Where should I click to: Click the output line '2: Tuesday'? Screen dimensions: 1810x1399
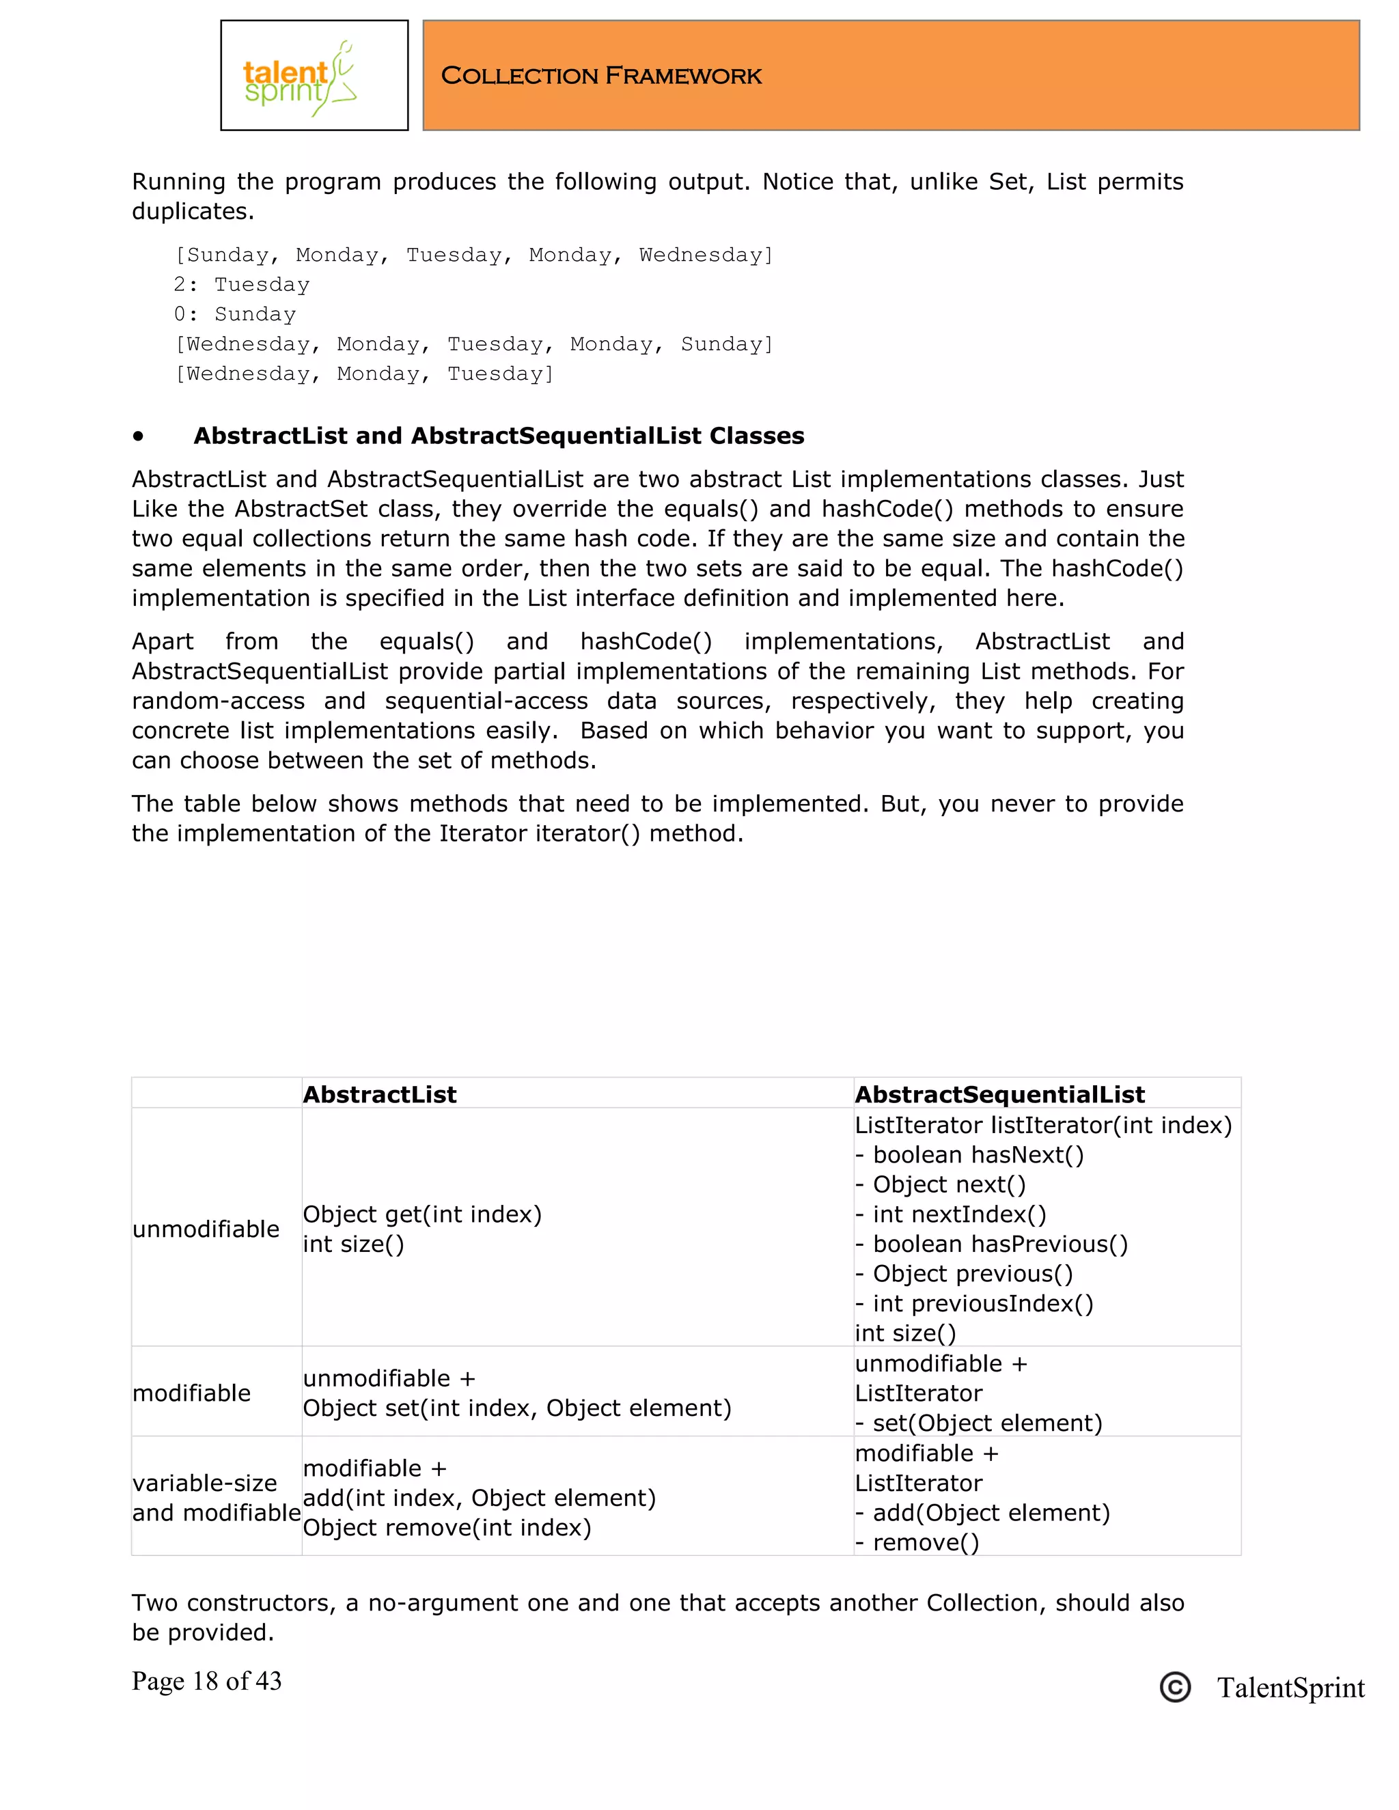click(241, 284)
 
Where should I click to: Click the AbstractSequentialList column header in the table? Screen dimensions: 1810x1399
click(999, 1094)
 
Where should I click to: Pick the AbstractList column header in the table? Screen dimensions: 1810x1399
click(380, 1094)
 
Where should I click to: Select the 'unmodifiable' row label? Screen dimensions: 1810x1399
click(206, 1228)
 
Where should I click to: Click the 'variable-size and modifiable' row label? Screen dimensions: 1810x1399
click(215, 1498)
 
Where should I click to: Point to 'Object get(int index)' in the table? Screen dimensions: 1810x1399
click(422, 1214)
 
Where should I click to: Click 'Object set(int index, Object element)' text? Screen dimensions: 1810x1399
click(517, 1408)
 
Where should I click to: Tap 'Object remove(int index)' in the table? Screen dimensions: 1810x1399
click(447, 1527)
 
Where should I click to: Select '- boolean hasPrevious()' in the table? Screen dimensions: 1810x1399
click(991, 1244)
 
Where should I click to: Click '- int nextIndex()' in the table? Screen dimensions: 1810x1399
click(951, 1214)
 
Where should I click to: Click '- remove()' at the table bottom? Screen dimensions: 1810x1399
click(917, 1542)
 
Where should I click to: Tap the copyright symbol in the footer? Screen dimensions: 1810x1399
click(1174, 1687)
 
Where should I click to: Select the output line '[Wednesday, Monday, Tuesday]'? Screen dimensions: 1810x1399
click(364, 374)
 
